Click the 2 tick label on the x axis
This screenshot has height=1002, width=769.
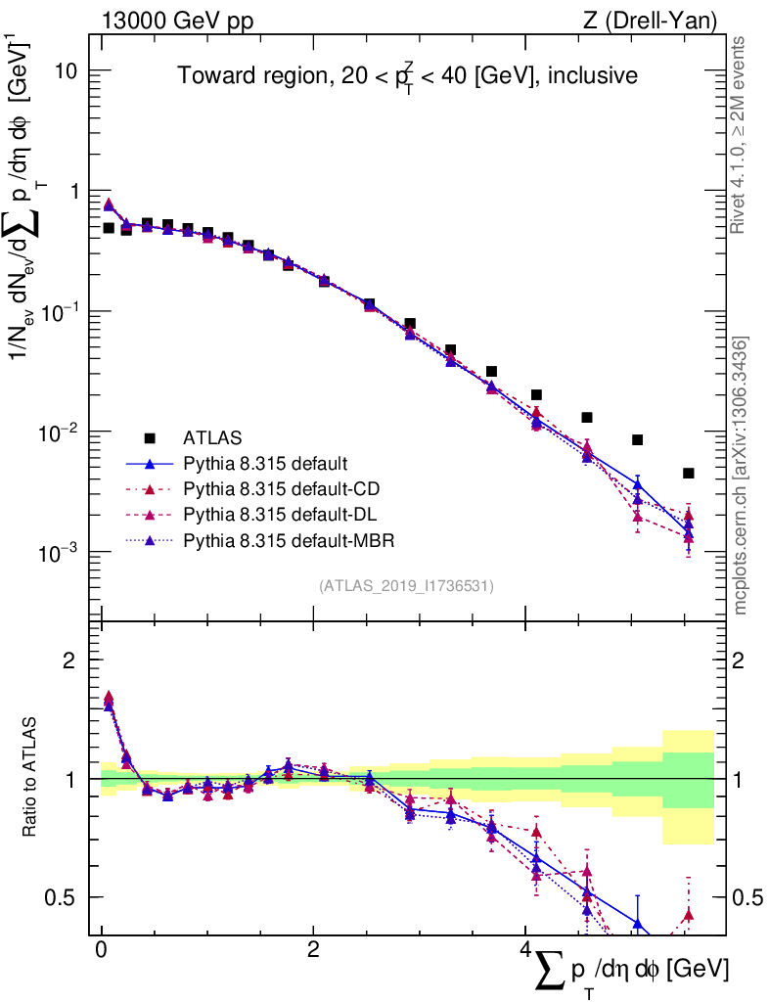click(x=313, y=951)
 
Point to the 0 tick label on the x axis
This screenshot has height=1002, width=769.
click(x=101, y=951)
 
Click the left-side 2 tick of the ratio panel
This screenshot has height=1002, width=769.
click(x=69, y=660)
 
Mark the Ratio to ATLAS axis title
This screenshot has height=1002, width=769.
click(x=30, y=778)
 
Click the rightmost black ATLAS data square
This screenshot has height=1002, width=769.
click(x=689, y=473)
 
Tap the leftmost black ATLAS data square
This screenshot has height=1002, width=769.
click(x=109, y=228)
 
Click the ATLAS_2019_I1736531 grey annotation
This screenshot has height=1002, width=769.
click(x=406, y=586)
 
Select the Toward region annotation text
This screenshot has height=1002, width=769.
click(x=407, y=76)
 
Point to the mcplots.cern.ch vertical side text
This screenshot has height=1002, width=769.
click(x=741, y=476)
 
